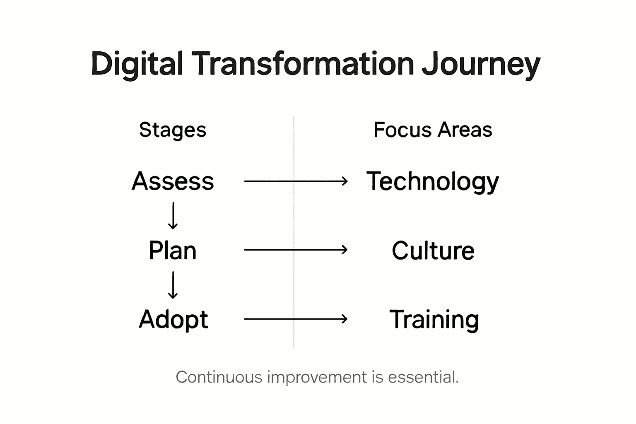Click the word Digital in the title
(x=137, y=64)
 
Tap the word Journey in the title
(x=481, y=64)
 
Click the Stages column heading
(x=173, y=130)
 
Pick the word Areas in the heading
(x=465, y=130)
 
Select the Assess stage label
(x=173, y=181)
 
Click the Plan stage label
(x=173, y=251)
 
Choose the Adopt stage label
(x=173, y=320)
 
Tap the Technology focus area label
(x=433, y=181)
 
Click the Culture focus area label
(x=433, y=251)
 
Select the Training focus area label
(x=434, y=320)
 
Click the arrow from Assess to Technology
(x=296, y=181)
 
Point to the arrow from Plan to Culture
(x=296, y=250)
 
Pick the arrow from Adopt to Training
(x=296, y=319)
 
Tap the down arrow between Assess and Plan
(x=173, y=216)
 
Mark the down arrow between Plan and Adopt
(x=173, y=285)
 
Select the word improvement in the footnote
(x=317, y=377)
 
